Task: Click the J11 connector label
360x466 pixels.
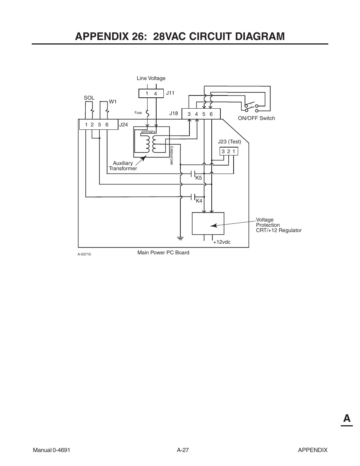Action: point(170,93)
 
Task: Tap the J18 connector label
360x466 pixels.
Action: point(173,113)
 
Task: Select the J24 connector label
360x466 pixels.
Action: point(124,125)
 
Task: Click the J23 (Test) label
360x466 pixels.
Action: point(229,142)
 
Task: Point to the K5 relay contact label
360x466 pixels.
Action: point(198,178)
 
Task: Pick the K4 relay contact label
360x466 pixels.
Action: point(199,201)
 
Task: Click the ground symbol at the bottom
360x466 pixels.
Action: point(180,238)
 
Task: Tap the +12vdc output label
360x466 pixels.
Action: point(222,242)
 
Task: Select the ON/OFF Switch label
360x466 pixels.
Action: point(256,118)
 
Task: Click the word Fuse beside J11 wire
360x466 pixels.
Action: point(138,113)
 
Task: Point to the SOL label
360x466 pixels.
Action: point(89,98)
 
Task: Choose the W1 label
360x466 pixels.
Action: point(113,102)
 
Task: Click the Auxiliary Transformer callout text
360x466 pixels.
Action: point(123,166)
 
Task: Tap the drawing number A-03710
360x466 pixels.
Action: point(84,254)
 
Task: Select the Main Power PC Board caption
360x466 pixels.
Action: point(163,252)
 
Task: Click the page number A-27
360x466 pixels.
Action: point(183,450)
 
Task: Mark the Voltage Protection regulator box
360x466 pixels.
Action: point(208,223)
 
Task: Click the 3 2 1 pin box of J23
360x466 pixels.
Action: point(229,151)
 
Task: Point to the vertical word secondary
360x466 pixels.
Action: point(171,155)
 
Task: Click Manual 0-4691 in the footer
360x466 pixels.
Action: point(52,450)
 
